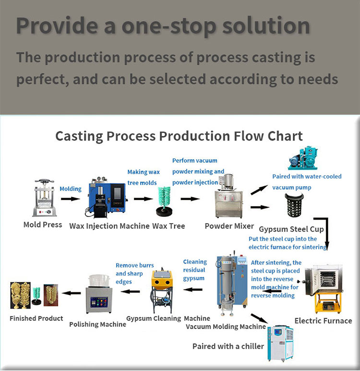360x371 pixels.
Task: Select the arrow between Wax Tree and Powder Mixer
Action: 191,198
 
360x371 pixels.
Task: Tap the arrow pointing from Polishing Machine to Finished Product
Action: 72,292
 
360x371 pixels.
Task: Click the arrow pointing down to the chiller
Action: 259,319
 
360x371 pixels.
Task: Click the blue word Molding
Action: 71,189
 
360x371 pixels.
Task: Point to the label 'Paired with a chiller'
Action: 228,346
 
